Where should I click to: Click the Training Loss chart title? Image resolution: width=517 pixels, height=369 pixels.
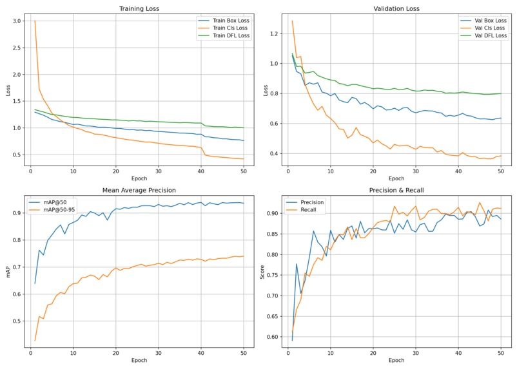tap(139, 8)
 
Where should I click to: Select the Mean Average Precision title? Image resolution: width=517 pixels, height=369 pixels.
tap(139, 191)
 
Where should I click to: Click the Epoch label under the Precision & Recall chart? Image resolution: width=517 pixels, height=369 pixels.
tap(396, 360)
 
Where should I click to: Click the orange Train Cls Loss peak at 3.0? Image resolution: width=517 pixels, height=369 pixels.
tap(35, 21)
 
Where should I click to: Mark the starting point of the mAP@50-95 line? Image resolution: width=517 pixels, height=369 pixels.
tap(35, 340)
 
